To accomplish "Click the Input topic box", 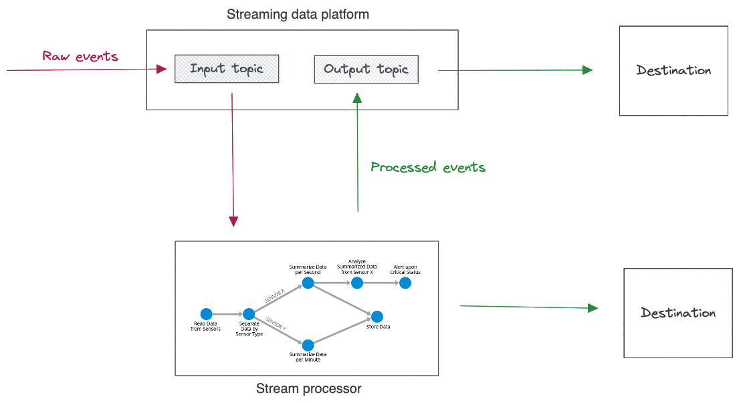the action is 227,69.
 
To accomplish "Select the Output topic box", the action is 366,70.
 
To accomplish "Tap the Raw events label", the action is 80,56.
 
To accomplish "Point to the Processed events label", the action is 428,167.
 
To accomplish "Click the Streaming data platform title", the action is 298,15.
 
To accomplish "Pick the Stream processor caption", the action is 309,388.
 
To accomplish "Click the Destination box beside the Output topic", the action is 673,71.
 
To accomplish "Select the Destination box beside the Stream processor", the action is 678,313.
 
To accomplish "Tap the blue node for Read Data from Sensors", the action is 207,314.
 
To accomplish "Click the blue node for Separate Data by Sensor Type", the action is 249,314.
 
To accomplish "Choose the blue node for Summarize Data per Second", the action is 308,283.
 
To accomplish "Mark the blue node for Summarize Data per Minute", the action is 308,345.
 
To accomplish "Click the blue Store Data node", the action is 377,316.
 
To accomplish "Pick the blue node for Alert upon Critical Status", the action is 405,283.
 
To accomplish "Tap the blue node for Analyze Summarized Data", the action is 357,283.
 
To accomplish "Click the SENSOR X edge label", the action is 275,296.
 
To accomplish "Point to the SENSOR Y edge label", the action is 276,323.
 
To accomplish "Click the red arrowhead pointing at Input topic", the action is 162,70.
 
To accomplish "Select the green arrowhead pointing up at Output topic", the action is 357,98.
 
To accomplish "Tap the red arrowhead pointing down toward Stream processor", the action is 233,221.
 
